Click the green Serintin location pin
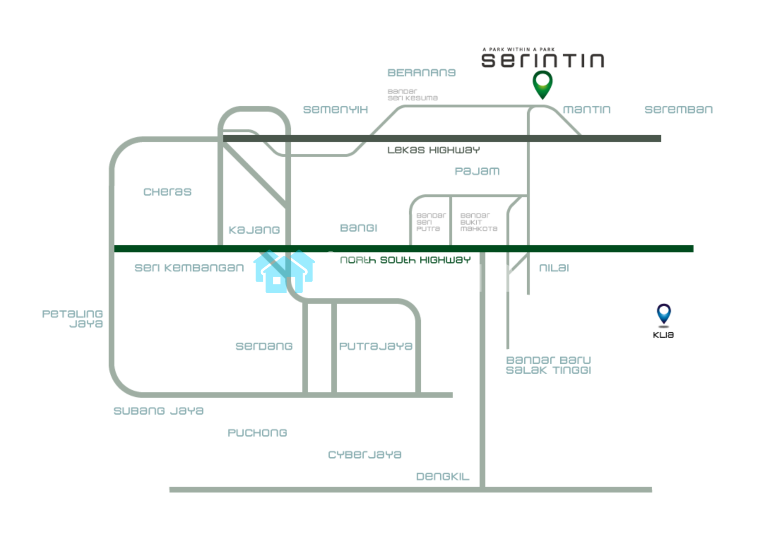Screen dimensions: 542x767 click(542, 83)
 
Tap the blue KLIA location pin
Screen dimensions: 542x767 click(663, 314)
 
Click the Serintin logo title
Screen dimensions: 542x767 click(542, 61)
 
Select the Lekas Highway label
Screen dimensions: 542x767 click(433, 150)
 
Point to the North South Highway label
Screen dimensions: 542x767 click(405, 260)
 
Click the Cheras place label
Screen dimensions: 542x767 click(167, 192)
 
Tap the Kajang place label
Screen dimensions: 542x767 click(254, 230)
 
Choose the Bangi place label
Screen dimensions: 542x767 click(359, 228)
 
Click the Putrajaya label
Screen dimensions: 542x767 click(375, 347)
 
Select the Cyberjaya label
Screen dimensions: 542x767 click(365, 455)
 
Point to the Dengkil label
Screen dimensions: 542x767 click(443, 477)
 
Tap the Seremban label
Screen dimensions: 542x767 click(678, 110)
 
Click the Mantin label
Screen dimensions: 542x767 click(586, 110)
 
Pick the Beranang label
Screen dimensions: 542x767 click(421, 73)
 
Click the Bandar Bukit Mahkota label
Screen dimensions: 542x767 click(479, 222)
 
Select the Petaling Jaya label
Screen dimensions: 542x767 click(73, 319)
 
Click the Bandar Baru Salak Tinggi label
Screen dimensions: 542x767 click(548, 365)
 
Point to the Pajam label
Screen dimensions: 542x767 click(477, 171)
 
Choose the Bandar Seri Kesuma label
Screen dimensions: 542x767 click(412, 95)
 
